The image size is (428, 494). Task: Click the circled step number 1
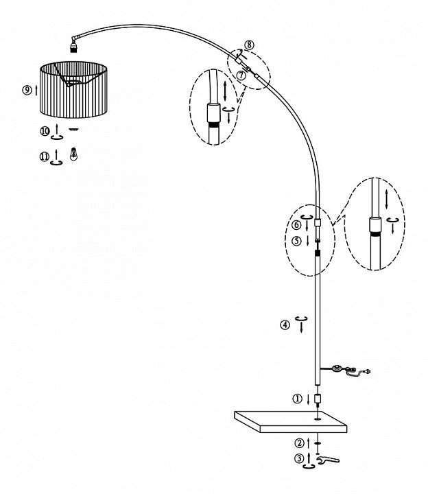tap(297, 399)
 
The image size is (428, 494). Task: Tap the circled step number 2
tap(299, 443)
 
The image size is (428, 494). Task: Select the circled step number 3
tap(300, 458)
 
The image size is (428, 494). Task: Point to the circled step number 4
tap(285, 325)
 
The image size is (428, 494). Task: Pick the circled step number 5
tap(297, 241)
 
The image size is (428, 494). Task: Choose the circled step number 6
tap(296, 224)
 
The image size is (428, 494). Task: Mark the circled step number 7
tap(241, 75)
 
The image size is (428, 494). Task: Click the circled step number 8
tap(249, 45)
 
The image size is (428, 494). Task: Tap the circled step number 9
tap(27, 90)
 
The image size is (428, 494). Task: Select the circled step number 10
tap(45, 131)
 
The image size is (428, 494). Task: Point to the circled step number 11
tap(45, 156)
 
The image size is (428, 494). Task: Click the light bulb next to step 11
tap(73, 154)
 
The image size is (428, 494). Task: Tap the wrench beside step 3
tap(328, 460)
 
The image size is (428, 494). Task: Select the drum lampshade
tap(74, 90)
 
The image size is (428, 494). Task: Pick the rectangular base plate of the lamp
tap(290, 421)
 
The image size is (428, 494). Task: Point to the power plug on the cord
tap(367, 371)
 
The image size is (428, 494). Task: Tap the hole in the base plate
tap(317, 419)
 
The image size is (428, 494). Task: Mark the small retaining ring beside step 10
tap(74, 129)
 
